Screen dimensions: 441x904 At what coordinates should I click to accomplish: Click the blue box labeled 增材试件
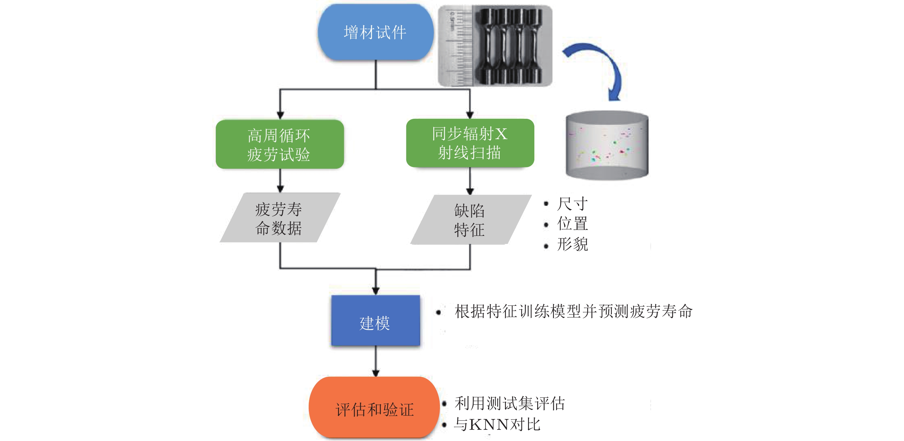375,32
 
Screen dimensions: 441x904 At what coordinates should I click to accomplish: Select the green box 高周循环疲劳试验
280,145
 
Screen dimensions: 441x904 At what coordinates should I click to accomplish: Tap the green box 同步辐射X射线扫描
470,143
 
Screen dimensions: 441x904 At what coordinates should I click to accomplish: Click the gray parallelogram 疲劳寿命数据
280,218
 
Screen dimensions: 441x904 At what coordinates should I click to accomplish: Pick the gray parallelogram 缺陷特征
470,219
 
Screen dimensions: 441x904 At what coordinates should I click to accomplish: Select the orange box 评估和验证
374,408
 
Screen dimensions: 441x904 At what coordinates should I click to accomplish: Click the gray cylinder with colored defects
607,145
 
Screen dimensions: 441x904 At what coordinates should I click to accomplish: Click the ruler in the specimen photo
456,46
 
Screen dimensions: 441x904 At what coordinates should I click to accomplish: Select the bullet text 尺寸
572,204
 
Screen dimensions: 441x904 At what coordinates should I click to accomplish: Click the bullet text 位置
572,224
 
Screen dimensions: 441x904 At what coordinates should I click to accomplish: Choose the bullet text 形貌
572,244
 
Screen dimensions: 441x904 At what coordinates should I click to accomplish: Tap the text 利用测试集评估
510,403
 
